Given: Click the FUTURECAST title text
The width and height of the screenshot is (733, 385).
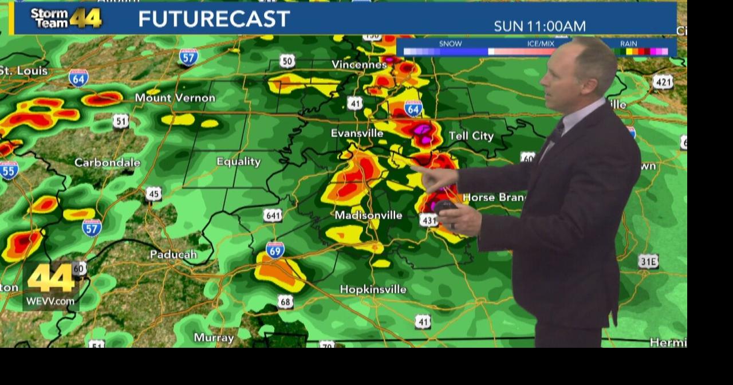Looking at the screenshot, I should [214, 19].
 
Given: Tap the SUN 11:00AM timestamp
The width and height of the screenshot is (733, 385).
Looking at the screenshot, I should [539, 26].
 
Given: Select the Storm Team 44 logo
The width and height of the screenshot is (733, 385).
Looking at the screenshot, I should [66, 18].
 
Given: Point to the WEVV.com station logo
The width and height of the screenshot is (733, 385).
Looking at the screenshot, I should [51, 286].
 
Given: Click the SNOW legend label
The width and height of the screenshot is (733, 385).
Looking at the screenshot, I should [450, 44].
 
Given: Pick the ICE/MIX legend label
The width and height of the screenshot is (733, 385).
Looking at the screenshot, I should [541, 44].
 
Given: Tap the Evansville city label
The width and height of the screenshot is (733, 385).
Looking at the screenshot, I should [357, 133].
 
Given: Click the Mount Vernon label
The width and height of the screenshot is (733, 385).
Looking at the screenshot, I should [175, 98].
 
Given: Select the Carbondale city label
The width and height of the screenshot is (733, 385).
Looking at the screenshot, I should [107, 163].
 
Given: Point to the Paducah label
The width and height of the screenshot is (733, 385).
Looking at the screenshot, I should [173, 254].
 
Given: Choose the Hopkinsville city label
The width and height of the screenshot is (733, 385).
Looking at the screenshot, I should [373, 289].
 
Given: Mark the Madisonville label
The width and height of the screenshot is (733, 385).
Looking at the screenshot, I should [368, 215].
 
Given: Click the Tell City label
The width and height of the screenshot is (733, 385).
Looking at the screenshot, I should [471, 136].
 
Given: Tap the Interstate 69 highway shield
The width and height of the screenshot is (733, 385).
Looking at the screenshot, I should [275, 250].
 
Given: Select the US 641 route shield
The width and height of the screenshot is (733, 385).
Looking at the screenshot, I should [273, 215].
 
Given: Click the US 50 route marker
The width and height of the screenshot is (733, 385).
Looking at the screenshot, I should [287, 61].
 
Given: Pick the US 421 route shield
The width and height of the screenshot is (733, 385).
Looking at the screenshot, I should [663, 82].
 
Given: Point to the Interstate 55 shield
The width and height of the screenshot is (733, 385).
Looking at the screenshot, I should [9, 170].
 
